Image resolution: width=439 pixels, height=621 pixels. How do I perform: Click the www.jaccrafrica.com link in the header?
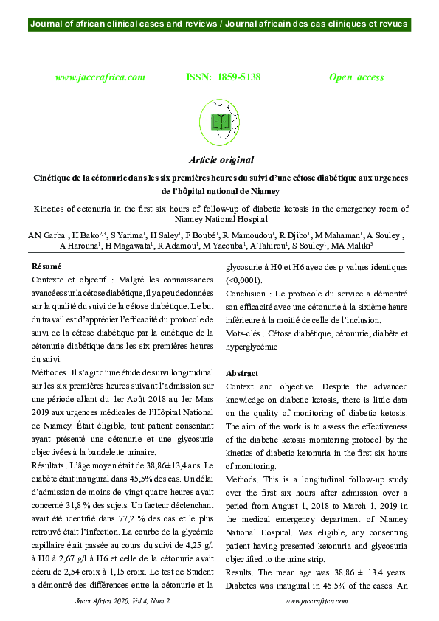click(x=100, y=77)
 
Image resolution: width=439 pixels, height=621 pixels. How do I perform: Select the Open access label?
click(x=356, y=77)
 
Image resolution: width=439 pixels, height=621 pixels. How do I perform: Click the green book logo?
click(x=221, y=118)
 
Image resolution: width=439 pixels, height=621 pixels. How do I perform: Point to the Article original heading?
click(x=221, y=160)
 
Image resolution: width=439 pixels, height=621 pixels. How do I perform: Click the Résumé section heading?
click(x=46, y=266)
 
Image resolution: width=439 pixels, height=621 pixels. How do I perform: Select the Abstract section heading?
click(x=242, y=374)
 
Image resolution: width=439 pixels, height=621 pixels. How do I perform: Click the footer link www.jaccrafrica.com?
click(x=316, y=601)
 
